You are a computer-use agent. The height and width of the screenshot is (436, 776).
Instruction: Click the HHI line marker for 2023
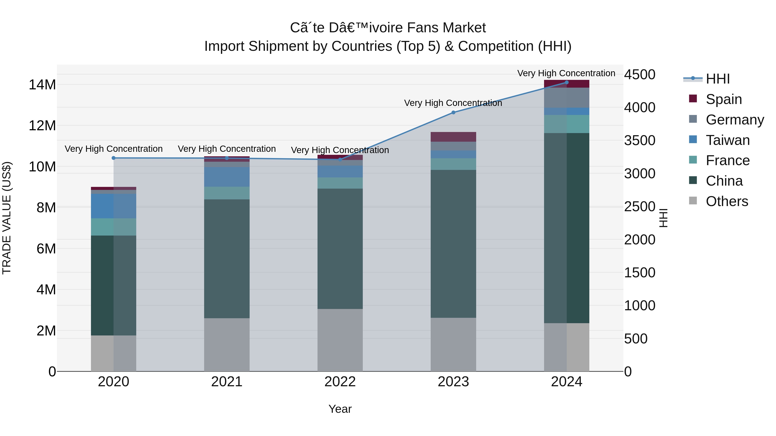pos(453,113)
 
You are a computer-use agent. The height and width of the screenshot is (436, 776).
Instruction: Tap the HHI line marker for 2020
pos(114,158)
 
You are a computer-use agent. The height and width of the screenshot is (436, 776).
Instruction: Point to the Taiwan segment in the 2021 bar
pos(227,177)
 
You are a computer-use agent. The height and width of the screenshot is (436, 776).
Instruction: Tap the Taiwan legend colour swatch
pos(693,139)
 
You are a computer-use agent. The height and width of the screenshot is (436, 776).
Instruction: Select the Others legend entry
pos(727,201)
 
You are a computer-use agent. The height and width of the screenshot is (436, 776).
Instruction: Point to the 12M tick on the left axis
pos(42,126)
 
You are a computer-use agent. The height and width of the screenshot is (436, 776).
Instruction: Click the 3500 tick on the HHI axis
pos(639,141)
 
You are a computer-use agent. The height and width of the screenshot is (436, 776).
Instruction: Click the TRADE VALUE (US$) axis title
pos(7,218)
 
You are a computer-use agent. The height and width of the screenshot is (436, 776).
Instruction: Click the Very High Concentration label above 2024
pos(566,73)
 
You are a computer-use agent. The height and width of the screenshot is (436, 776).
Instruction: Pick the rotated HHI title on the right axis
pos(663,218)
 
